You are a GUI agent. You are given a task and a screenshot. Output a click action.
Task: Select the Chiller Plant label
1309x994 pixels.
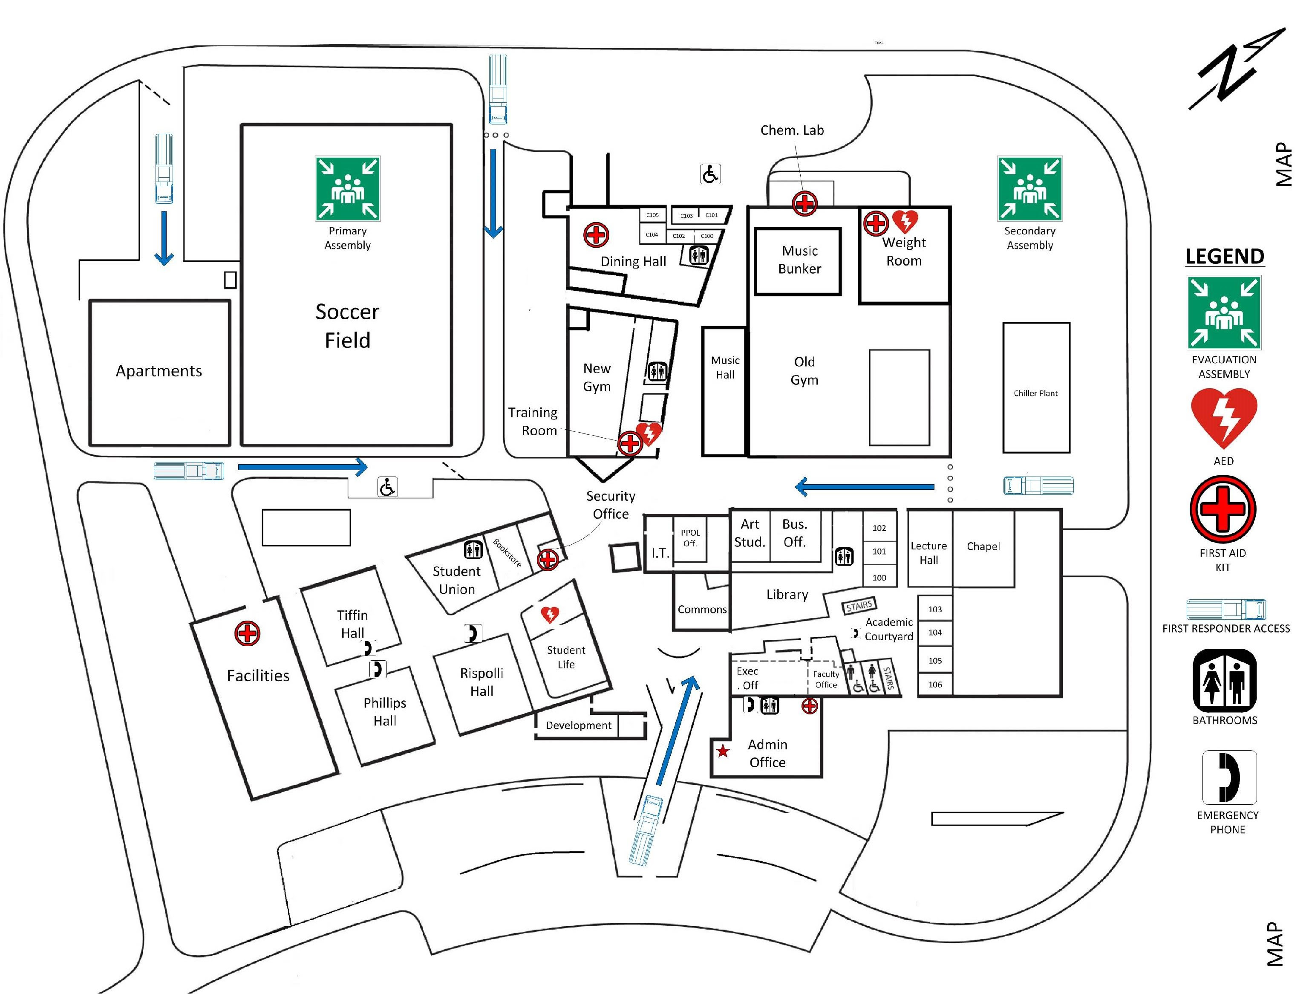point(1035,393)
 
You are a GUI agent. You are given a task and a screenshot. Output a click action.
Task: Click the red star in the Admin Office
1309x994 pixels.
point(723,751)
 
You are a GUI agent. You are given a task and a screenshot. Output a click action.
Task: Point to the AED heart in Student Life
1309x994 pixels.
point(550,615)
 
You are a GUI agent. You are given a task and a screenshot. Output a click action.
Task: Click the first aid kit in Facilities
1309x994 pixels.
point(248,633)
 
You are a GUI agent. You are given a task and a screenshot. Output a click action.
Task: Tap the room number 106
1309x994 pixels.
point(935,685)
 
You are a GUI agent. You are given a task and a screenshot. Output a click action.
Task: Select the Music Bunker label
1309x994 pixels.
point(799,260)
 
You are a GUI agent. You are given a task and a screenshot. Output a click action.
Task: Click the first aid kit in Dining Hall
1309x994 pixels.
point(596,235)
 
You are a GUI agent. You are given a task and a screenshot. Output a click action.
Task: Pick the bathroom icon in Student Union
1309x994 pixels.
point(473,549)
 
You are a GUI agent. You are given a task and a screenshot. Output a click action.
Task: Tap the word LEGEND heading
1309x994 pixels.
point(1224,256)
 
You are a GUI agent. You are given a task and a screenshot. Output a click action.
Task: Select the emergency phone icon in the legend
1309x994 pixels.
point(1229,777)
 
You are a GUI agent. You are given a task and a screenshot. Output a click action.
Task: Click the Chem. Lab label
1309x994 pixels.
point(792,130)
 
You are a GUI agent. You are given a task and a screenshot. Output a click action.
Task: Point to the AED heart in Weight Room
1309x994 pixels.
point(905,221)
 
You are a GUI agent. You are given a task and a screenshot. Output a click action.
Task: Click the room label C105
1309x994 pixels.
point(652,215)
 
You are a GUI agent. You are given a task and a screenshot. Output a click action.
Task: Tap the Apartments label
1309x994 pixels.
point(159,371)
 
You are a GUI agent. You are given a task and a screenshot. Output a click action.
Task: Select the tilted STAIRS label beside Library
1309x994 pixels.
point(859,605)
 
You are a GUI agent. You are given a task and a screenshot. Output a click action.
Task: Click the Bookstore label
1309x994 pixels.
point(507,552)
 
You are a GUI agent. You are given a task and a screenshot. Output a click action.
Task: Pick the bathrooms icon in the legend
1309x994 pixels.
point(1224,680)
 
